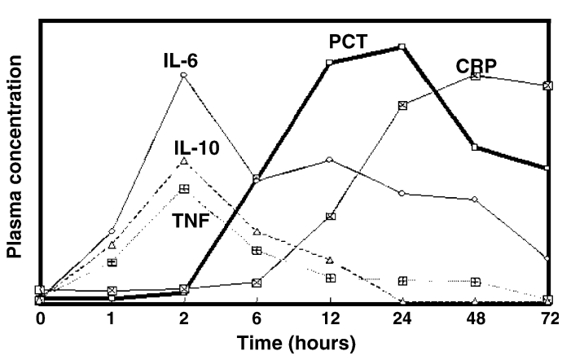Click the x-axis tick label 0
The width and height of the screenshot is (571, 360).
(40, 318)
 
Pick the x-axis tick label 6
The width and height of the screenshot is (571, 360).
(257, 318)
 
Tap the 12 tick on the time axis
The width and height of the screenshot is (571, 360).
(329, 318)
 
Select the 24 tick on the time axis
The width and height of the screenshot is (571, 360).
(402, 318)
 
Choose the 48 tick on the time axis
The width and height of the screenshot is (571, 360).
(475, 318)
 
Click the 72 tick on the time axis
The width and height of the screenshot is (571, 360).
(547, 318)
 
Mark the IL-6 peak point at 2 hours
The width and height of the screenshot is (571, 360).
(184, 75)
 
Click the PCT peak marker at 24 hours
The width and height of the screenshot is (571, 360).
(402, 46)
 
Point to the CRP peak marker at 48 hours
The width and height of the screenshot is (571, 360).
(475, 76)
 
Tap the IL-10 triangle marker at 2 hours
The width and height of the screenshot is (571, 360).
(184, 161)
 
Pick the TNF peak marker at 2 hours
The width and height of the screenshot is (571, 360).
(184, 188)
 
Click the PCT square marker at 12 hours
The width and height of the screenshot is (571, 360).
(329, 63)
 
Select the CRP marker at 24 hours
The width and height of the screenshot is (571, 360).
(402, 105)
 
